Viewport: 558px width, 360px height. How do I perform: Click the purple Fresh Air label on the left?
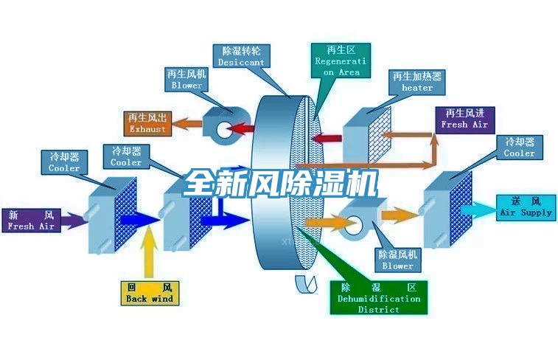click(31, 221)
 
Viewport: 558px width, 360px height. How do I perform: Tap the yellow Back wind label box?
click(149, 293)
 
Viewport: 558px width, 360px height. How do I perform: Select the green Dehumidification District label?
click(378, 298)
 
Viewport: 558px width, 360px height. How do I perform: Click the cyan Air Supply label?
click(526, 207)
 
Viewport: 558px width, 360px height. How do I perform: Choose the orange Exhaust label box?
click(147, 123)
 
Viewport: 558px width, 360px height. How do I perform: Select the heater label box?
click(417, 82)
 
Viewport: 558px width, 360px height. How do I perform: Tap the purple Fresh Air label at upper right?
click(464, 119)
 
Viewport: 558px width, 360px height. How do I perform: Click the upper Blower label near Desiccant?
click(186, 80)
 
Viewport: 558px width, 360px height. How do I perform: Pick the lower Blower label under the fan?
click(398, 260)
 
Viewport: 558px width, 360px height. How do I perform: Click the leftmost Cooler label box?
click(64, 162)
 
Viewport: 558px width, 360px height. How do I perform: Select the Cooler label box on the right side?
click(520, 148)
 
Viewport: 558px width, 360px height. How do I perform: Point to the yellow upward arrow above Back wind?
click(150, 252)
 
